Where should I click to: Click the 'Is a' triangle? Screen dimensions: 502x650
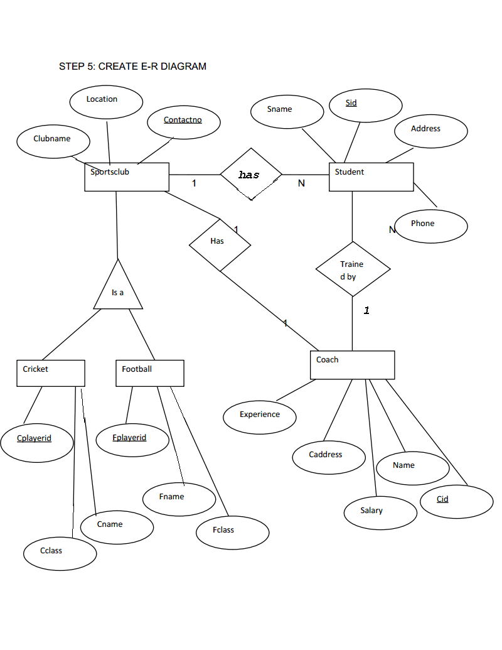118,308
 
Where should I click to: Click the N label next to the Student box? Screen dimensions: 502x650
302,183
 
